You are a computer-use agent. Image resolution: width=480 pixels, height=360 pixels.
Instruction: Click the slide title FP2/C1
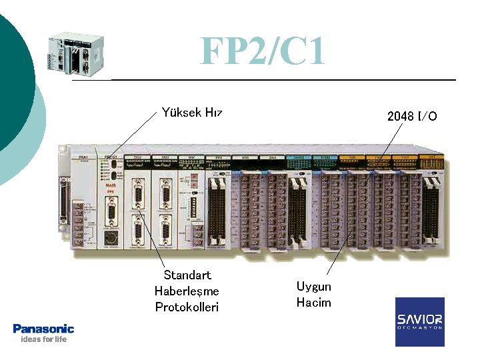pyautogui.click(x=263, y=51)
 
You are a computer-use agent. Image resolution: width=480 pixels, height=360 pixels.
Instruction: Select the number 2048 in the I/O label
pyautogui.click(x=400, y=117)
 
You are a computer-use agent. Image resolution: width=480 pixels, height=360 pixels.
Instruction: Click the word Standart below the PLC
pyautogui.click(x=187, y=275)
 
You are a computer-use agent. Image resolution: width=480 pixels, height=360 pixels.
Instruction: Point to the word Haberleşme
pyautogui.click(x=187, y=291)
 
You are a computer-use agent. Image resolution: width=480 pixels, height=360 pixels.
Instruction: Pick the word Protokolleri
pyautogui.click(x=187, y=307)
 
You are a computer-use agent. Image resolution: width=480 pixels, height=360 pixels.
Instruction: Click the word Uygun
pyautogui.click(x=313, y=287)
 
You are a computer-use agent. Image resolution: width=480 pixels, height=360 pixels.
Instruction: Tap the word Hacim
pyautogui.click(x=313, y=303)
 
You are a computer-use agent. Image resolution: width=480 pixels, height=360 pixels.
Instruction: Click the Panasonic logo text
pyautogui.click(x=43, y=329)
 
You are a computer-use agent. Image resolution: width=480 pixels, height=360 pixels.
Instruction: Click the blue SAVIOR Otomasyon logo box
pyautogui.click(x=419, y=322)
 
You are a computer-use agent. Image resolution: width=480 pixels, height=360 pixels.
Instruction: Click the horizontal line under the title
pyautogui.click(x=267, y=80)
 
